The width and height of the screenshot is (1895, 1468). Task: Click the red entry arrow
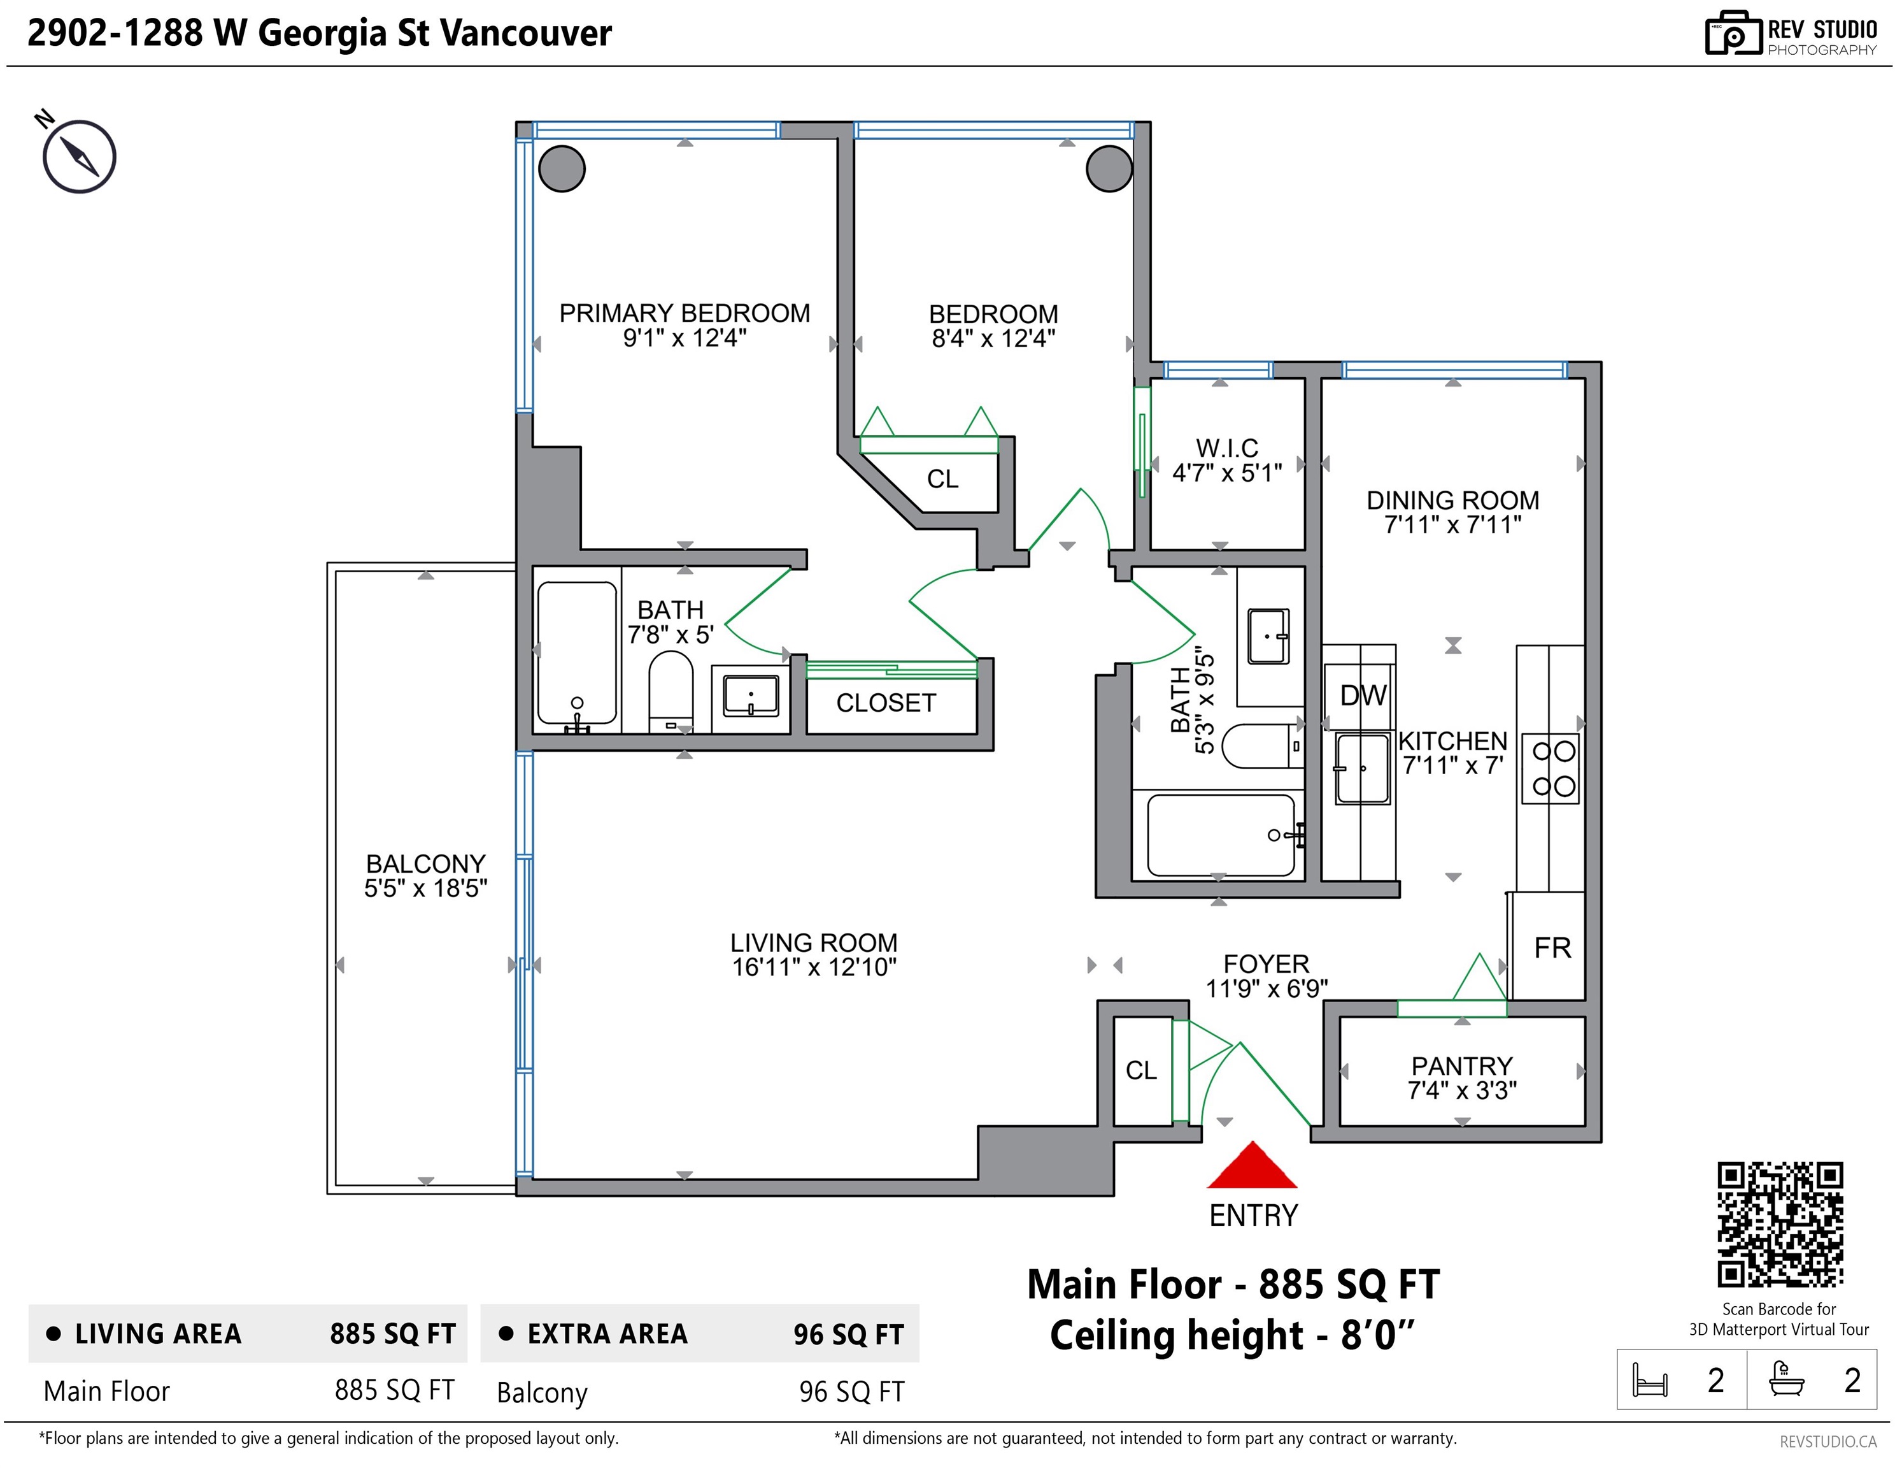(x=1251, y=1166)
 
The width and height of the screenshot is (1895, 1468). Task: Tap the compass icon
(x=79, y=156)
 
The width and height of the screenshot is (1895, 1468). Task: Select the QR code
(x=1780, y=1224)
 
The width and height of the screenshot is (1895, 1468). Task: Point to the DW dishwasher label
(x=1363, y=695)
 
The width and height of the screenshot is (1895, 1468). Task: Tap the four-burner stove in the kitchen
(x=1551, y=769)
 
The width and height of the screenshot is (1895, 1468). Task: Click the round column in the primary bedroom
(x=562, y=168)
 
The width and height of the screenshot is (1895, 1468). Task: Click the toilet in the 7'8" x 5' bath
(x=671, y=693)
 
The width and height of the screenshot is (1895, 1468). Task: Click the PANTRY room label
(x=1462, y=1065)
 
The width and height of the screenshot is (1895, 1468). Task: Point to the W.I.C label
(x=1227, y=448)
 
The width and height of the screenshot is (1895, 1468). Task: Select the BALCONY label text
(x=425, y=864)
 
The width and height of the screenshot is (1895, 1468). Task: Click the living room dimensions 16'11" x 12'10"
(x=814, y=967)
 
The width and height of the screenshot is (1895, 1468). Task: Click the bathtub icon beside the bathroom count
(x=1787, y=1379)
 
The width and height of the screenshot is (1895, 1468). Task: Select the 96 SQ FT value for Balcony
(x=851, y=1392)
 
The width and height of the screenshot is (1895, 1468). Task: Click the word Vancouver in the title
(x=526, y=33)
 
